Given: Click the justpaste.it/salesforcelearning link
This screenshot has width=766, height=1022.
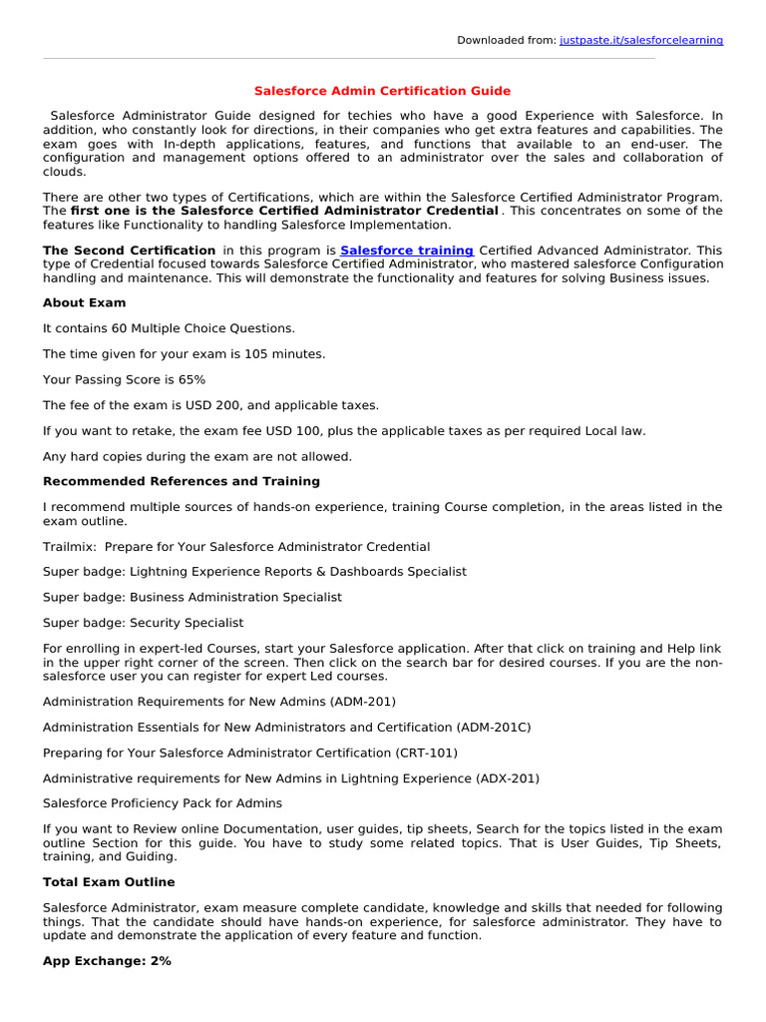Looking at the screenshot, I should pos(641,40).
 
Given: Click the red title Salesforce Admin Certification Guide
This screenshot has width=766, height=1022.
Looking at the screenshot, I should pos(382,91).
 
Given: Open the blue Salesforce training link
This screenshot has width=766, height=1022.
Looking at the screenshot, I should pos(407,251).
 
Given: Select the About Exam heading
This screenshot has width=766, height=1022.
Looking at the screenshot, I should pos(85,302).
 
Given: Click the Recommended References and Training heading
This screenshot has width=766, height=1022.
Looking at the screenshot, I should pos(182,481).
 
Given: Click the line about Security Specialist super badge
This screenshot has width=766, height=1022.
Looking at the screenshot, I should pos(143,623).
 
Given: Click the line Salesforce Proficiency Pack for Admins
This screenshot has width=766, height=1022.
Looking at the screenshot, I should pos(163,803).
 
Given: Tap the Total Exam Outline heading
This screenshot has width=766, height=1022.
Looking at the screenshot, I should pos(109,882).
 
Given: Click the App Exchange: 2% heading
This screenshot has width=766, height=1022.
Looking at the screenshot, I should pos(107,961).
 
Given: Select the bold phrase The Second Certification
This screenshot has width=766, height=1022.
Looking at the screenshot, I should pos(130,251).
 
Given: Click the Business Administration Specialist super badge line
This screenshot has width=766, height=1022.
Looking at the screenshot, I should pos(192,597).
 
